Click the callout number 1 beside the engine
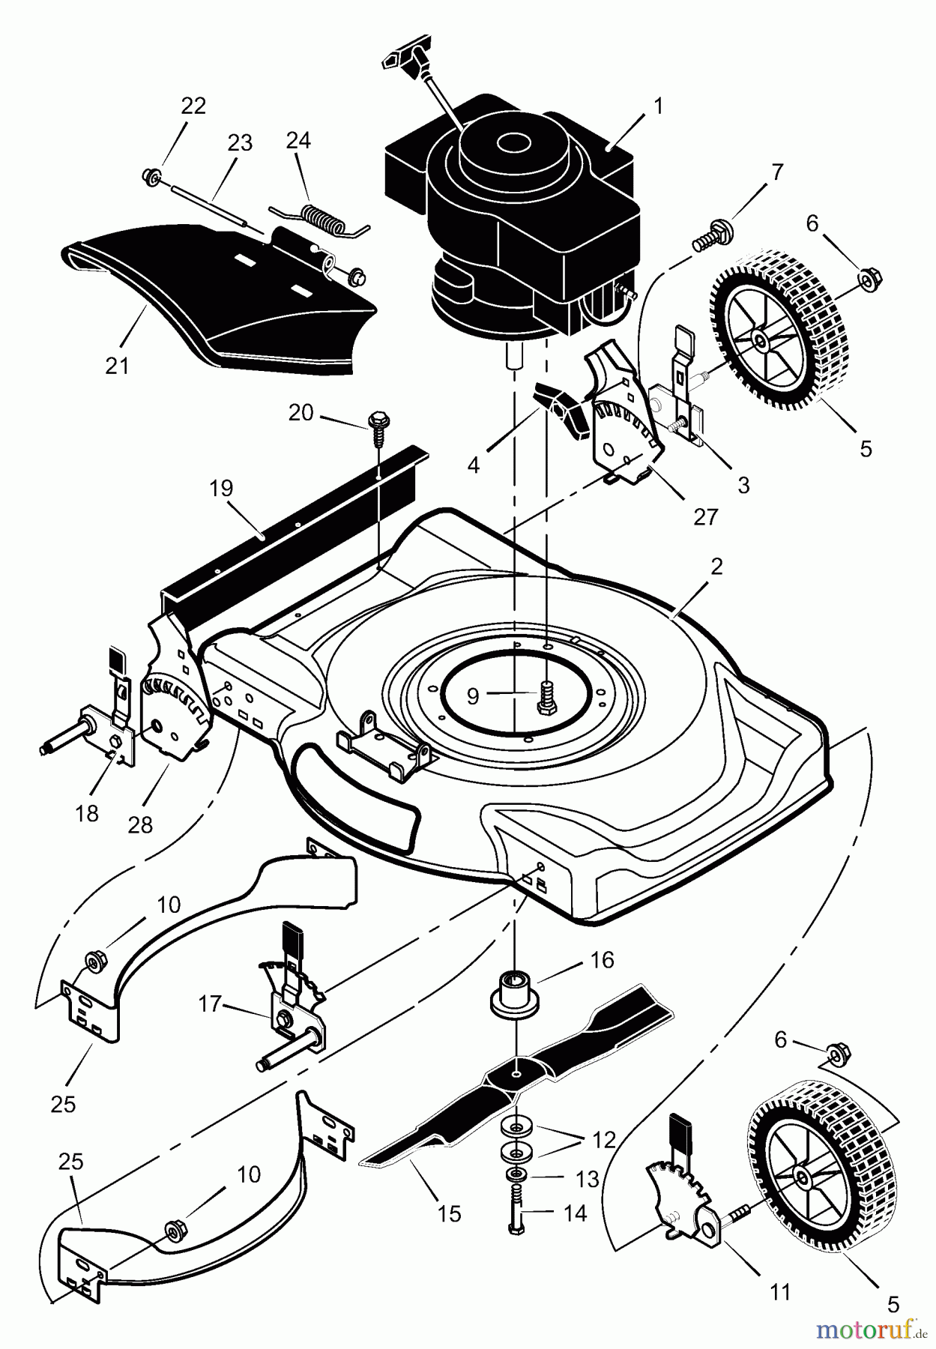pyautogui.click(x=658, y=107)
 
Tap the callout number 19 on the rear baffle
pyautogui.click(x=222, y=489)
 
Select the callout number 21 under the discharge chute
pyautogui.click(x=118, y=366)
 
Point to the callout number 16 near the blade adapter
pyautogui.click(x=603, y=960)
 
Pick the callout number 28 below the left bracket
pyautogui.click(x=140, y=824)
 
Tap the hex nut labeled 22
pyautogui.click(x=150, y=177)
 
